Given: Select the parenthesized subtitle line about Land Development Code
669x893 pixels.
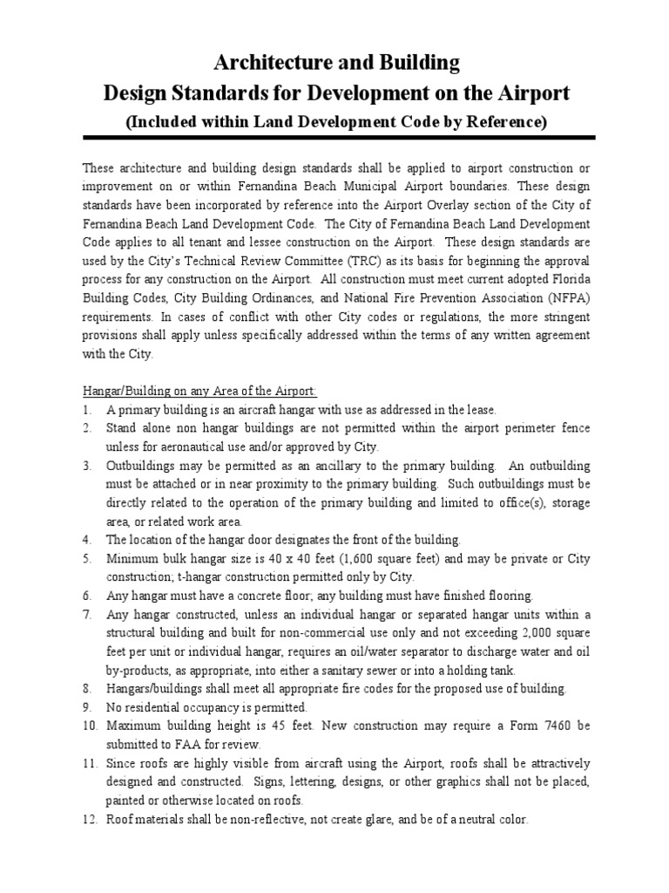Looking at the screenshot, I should point(335,121).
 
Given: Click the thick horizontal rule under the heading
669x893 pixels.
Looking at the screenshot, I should point(335,137).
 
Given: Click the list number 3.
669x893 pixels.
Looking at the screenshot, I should point(88,466).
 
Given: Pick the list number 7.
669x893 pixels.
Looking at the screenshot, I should point(88,614).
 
